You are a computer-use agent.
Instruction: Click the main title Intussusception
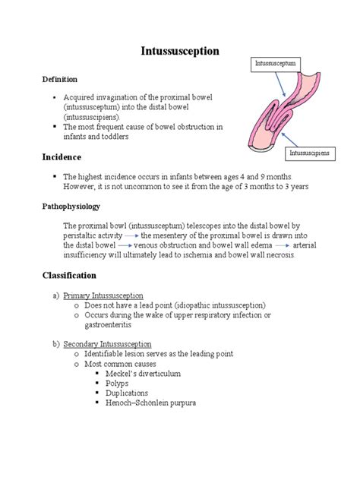coord(180,51)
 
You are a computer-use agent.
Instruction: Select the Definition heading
coord(59,79)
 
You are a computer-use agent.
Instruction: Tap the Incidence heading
coord(62,156)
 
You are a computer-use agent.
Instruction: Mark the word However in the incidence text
coord(81,186)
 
